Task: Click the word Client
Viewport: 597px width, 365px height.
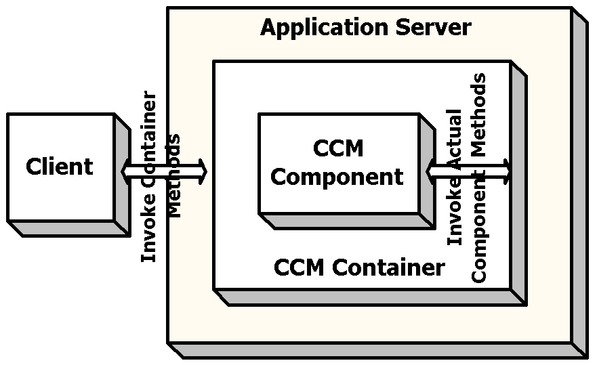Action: pyautogui.click(x=60, y=167)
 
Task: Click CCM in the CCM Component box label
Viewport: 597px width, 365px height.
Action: pyautogui.click(x=338, y=148)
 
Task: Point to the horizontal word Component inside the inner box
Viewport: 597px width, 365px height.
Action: pyautogui.click(x=337, y=177)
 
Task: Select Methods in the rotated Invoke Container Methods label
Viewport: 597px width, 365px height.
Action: pyautogui.click(x=174, y=176)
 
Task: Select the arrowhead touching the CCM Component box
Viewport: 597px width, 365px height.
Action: pyautogui.click(x=432, y=171)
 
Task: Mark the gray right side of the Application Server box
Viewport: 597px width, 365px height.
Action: pyautogui.click(x=579, y=183)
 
